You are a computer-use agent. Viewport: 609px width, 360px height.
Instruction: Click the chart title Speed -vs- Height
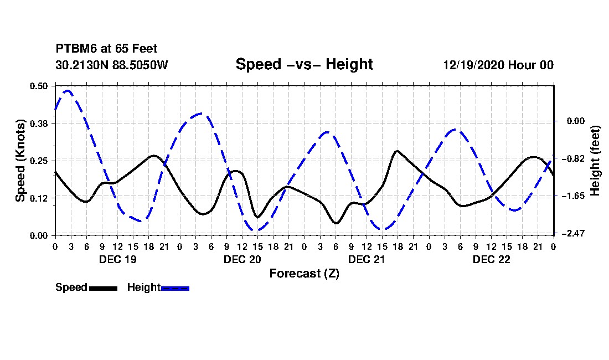[x=304, y=64]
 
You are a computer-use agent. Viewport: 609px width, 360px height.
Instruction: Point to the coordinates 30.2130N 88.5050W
[x=112, y=65]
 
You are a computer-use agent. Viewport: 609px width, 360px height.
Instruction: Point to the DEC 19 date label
[x=118, y=259]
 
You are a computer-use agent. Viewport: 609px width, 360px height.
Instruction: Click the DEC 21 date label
[x=367, y=259]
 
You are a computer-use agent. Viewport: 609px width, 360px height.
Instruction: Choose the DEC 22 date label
[x=491, y=259]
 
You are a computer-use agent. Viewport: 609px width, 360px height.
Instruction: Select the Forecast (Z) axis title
[x=304, y=274]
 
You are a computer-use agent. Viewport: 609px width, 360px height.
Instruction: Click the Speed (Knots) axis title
[x=20, y=161]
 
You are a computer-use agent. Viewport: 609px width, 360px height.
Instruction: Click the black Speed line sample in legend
[x=102, y=288]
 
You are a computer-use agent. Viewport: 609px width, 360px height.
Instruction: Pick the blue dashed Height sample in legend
[x=175, y=288]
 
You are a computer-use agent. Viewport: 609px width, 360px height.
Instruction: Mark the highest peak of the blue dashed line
[x=68, y=90]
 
